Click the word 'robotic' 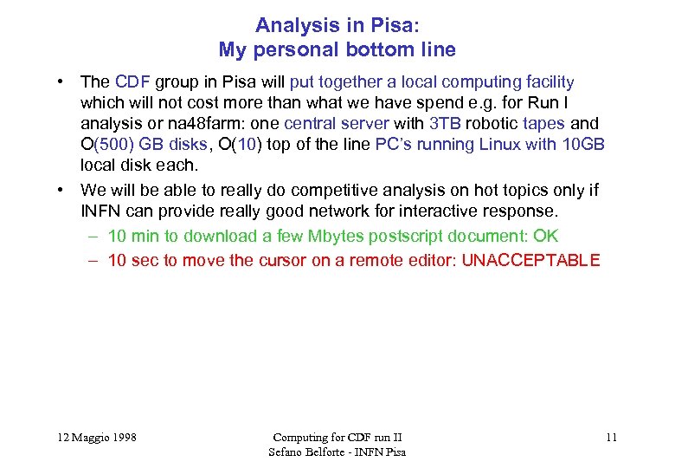[x=493, y=124]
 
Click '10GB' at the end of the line [x=583, y=145]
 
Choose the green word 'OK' [x=546, y=236]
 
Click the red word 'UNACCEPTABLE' [x=530, y=261]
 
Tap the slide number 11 [x=611, y=438]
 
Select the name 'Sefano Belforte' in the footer [x=305, y=452]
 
